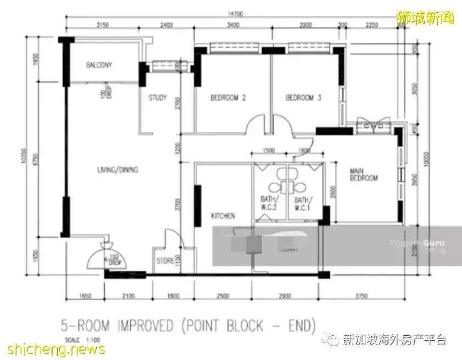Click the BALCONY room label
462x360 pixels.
click(x=99, y=65)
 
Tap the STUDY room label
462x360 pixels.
click(x=158, y=98)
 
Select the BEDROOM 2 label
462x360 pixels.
click(x=228, y=98)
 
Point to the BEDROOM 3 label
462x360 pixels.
click(x=303, y=98)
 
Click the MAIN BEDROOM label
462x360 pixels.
click(x=364, y=175)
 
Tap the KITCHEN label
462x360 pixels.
click(x=224, y=216)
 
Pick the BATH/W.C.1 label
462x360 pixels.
click(x=303, y=203)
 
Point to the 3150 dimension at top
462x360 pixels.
click(x=104, y=25)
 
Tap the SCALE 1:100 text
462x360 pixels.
click(x=79, y=339)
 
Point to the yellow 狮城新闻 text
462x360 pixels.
click(x=426, y=18)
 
